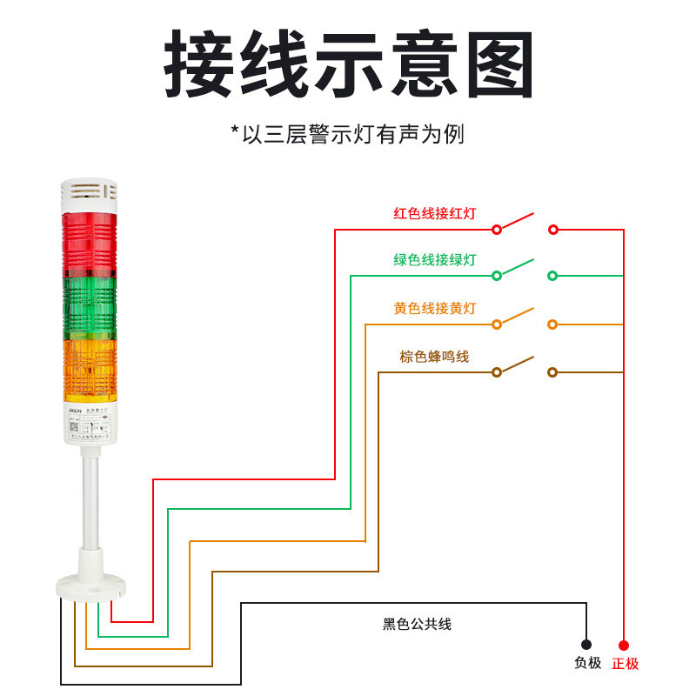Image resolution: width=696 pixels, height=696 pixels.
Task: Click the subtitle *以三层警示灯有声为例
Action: click(x=348, y=134)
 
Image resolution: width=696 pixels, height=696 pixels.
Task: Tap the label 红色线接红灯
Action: click(x=435, y=213)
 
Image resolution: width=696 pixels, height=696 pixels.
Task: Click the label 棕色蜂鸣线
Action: click(x=434, y=356)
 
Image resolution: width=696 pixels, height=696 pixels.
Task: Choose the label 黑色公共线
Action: click(x=417, y=624)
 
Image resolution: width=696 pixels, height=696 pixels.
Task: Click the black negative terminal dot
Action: click(x=586, y=645)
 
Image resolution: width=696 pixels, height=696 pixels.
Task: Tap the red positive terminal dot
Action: click(x=624, y=645)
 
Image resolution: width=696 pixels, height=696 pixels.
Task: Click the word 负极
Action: click(x=587, y=663)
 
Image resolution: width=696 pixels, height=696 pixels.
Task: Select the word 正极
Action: click(x=625, y=663)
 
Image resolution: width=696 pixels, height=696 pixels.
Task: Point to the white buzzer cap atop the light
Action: click(x=88, y=196)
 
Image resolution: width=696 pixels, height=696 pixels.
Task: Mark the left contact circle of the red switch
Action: click(x=497, y=230)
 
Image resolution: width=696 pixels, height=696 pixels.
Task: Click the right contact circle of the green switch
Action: click(x=552, y=276)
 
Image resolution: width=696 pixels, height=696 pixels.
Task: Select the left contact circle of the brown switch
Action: click(x=497, y=372)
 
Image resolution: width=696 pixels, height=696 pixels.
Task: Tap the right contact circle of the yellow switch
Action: click(x=552, y=325)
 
